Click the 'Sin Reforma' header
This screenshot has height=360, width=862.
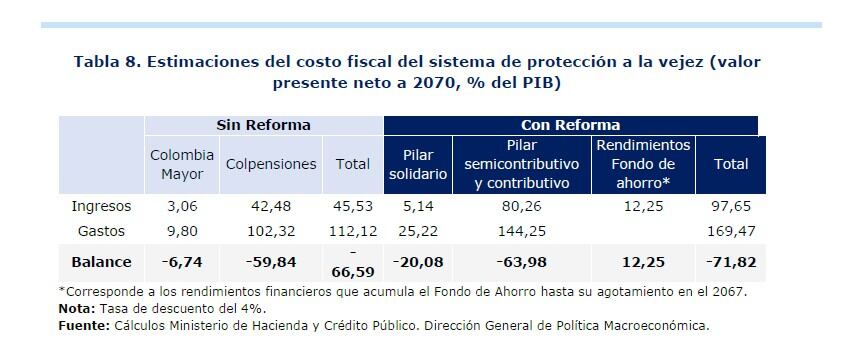264,125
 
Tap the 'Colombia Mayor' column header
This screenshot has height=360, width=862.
182,164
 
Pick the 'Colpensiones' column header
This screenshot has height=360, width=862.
270,164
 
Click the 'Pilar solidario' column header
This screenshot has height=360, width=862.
417,164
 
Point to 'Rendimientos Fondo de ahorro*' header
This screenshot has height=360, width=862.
642,164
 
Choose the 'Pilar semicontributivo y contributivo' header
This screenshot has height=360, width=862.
521,164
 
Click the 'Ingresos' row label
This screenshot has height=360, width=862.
101,207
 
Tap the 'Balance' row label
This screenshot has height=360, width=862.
101,261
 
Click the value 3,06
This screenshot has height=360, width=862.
182,207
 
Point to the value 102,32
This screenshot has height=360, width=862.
270,230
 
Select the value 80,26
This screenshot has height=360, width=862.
521,207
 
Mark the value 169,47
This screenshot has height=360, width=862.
732,230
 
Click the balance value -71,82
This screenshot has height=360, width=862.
731,261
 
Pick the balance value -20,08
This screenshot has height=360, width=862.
417,261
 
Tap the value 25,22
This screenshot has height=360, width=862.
417,230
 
